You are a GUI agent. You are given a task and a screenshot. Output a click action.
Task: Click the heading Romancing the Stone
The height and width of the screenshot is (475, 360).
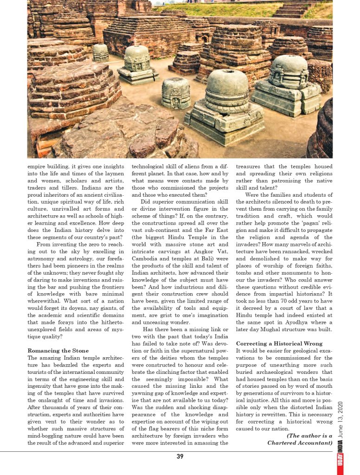58,351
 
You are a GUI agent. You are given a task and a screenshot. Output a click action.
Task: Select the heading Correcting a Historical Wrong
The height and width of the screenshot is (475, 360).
279,344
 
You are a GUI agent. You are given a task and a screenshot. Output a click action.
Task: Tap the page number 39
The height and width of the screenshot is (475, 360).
180,456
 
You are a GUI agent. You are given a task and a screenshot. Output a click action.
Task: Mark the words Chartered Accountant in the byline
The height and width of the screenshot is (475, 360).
300,443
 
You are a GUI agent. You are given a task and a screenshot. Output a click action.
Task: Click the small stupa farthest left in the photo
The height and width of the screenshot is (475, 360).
100,52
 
